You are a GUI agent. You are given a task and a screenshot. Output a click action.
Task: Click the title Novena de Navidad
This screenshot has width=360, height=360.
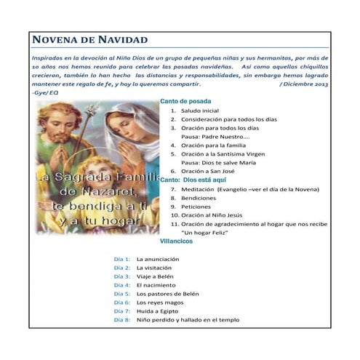[x=90, y=39]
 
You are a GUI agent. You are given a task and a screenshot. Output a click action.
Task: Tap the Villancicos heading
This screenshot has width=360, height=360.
[x=177, y=240]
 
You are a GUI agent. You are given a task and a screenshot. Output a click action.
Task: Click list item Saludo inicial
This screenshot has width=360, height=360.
[x=200, y=111]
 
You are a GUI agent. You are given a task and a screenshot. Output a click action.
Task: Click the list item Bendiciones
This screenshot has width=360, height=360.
[x=199, y=197]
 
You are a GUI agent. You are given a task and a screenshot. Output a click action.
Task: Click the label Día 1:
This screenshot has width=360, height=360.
[x=121, y=259]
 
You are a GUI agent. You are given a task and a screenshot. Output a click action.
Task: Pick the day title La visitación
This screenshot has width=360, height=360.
[x=156, y=268]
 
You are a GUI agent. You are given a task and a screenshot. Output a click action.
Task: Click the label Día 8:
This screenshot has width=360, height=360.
[x=121, y=320]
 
